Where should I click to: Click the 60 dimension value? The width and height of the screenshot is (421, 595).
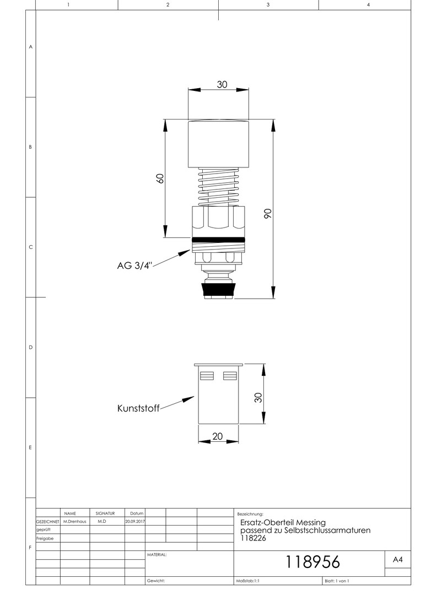pos(160,178)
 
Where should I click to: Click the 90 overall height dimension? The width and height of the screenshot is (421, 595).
pos(268,213)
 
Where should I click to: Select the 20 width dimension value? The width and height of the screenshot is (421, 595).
pos(218,436)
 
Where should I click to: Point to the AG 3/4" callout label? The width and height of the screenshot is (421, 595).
pos(134,265)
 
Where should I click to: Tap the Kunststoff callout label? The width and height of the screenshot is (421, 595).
pos(138,408)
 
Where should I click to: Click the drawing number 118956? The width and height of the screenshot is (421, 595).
pos(312,561)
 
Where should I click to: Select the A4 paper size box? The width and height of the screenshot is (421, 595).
pos(397,560)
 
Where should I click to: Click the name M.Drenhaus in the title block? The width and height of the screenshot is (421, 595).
pos(75,521)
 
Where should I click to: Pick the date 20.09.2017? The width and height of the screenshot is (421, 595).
pos(135,521)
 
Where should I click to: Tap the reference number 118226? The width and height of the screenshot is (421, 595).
pos(253,538)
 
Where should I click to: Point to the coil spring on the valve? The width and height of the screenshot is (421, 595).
pos(218,187)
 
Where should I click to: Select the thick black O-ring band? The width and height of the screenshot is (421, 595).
pos(218,240)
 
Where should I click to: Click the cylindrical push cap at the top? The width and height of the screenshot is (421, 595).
pos(219,144)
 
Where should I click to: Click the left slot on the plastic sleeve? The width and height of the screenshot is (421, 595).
pos(207,376)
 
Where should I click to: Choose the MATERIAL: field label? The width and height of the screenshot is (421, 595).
pos(157,555)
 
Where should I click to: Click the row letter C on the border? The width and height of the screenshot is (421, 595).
pos(31,247)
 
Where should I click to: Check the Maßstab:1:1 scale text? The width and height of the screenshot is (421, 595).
pos(248,581)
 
